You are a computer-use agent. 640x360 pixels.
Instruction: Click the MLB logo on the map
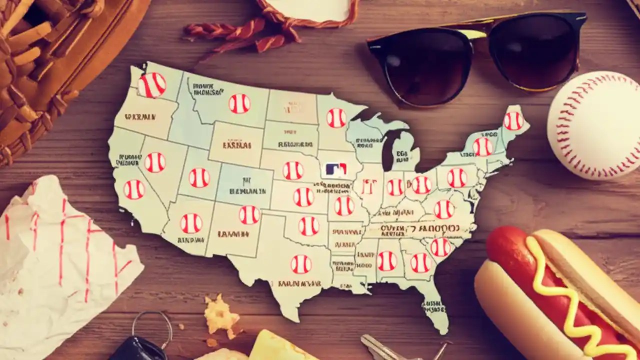(x=336, y=169)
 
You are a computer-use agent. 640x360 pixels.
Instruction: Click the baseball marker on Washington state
(x=151, y=85)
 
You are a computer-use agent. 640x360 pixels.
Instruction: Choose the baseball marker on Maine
(x=513, y=121)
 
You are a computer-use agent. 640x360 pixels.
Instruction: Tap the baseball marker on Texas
(x=301, y=264)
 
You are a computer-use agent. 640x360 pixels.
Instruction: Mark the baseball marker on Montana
(x=239, y=103)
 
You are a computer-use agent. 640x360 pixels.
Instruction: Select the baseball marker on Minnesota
(x=336, y=118)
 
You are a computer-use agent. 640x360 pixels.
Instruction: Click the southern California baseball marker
(x=134, y=189)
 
